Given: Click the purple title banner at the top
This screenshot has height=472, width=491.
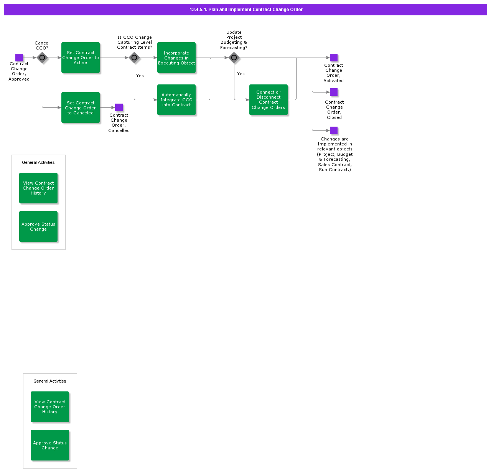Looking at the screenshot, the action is (245, 10).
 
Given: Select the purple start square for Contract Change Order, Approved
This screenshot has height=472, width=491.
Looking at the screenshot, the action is (19, 58).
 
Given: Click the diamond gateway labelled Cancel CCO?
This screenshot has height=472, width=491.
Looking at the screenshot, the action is (42, 58).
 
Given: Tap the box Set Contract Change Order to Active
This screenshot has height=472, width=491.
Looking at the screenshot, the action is (81, 58).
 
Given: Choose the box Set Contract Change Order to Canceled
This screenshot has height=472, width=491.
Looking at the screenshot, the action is (81, 107).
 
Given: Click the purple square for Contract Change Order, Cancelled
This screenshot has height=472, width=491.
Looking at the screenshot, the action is (119, 107).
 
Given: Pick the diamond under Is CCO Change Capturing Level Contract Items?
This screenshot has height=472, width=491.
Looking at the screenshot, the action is (134, 58).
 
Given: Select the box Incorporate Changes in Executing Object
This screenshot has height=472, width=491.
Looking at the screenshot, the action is (176, 58).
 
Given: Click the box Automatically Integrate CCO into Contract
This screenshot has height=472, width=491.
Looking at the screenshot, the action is (176, 100).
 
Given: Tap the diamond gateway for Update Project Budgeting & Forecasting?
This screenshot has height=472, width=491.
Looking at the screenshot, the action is (234, 58).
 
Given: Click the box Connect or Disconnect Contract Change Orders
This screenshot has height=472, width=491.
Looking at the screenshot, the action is (269, 100).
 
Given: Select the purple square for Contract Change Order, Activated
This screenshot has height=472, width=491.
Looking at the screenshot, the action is (334, 58).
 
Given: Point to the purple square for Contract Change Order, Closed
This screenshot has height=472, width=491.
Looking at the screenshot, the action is (334, 92).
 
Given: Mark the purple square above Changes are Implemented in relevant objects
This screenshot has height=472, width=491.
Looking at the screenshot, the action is (334, 130).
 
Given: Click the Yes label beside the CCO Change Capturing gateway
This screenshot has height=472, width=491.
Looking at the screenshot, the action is (140, 76).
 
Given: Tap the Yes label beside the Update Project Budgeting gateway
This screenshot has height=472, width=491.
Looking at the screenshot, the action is (241, 74).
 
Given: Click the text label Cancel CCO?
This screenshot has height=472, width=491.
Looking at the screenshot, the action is (42, 45).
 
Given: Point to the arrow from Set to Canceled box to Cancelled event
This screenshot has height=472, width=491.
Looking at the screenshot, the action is (107, 107).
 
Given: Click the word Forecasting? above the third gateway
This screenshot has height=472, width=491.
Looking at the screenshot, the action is (234, 48).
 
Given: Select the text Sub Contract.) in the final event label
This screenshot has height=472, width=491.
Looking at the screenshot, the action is (334, 170).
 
